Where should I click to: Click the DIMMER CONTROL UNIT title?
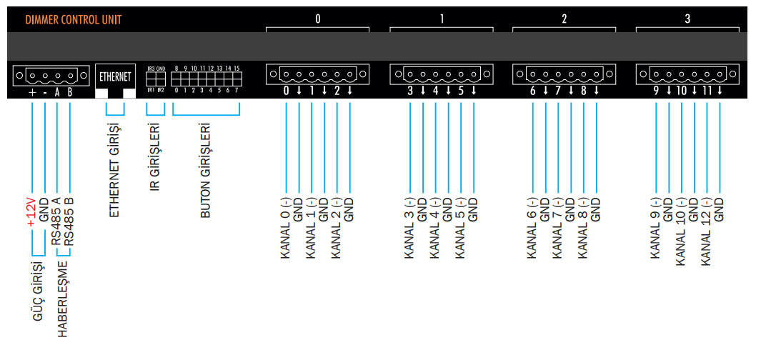click(x=73, y=20)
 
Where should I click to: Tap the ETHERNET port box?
click(x=115, y=76)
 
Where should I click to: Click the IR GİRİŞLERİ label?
click(x=155, y=159)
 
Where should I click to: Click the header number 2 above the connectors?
click(x=564, y=19)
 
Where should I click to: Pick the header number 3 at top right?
click(x=687, y=19)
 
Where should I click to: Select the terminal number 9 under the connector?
click(x=655, y=91)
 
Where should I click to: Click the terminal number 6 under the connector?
click(x=532, y=91)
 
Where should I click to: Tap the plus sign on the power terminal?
click(x=32, y=92)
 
